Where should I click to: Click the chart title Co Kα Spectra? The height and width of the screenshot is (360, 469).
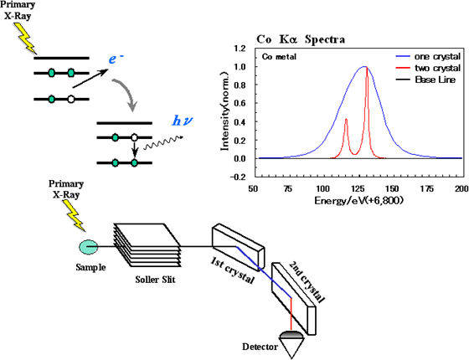click(301, 39)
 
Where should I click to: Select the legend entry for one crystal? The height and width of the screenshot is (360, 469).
click(428, 57)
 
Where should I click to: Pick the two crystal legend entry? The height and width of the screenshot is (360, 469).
click(428, 68)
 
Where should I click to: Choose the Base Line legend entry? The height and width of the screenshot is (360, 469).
click(425, 80)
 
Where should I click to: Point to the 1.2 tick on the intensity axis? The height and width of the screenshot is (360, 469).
click(240, 49)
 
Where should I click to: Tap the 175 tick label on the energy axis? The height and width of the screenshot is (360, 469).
click(426, 189)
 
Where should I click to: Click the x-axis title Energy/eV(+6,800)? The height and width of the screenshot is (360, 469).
click(358, 200)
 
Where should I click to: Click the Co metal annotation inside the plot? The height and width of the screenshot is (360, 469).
click(279, 57)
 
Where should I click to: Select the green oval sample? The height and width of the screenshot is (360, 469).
click(89, 247)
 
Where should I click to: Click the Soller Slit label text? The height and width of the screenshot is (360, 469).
click(155, 280)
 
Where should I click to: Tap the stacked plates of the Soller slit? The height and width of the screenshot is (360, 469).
click(147, 244)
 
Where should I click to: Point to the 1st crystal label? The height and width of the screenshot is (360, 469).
click(232, 270)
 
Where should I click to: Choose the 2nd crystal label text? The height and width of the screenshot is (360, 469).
click(307, 283)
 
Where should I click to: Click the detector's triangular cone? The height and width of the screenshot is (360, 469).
click(291, 347)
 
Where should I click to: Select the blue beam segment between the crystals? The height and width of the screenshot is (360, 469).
click(264, 272)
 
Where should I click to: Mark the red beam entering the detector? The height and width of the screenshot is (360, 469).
click(291, 314)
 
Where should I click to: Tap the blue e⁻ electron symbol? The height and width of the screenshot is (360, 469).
click(116, 59)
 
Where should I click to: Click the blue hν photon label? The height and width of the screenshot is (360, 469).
click(182, 121)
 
